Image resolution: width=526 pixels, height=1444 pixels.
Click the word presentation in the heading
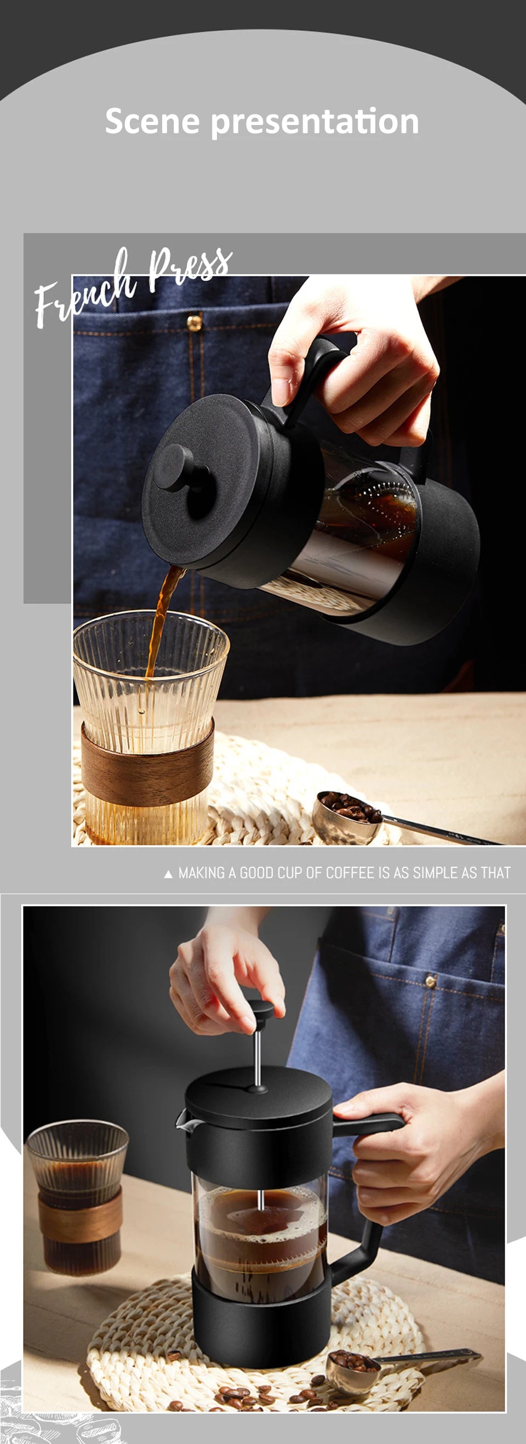[x=315, y=122]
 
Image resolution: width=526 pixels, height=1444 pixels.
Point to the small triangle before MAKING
[x=168, y=874]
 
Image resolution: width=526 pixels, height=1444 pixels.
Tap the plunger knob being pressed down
[x=260, y=1012]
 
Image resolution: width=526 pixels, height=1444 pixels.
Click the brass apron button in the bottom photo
[x=430, y=980]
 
